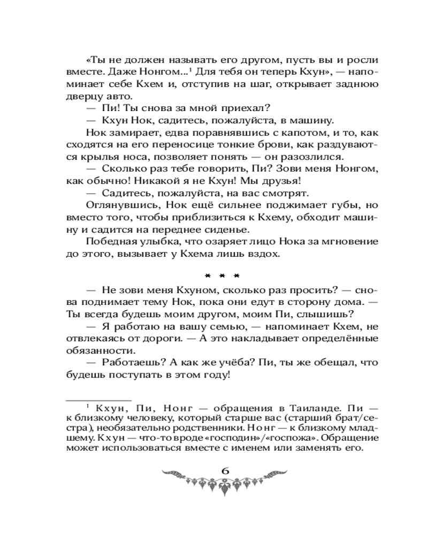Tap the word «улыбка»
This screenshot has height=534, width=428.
[159, 242]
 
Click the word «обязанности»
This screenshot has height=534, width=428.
[92, 351]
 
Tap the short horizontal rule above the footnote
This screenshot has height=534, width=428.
[98, 399]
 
